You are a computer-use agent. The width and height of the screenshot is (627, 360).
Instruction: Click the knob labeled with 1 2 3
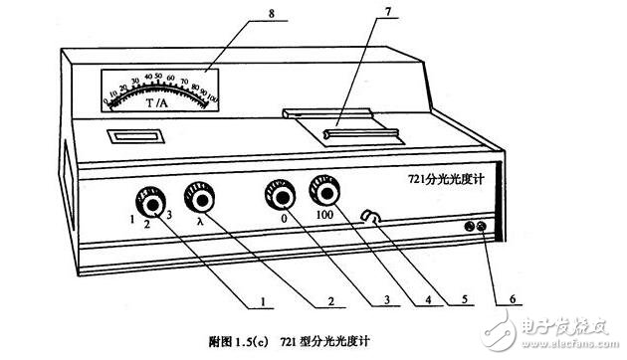(154, 204)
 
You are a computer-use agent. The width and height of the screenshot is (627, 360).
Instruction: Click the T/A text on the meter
(157, 104)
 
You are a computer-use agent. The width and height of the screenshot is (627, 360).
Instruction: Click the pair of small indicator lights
(476, 229)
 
